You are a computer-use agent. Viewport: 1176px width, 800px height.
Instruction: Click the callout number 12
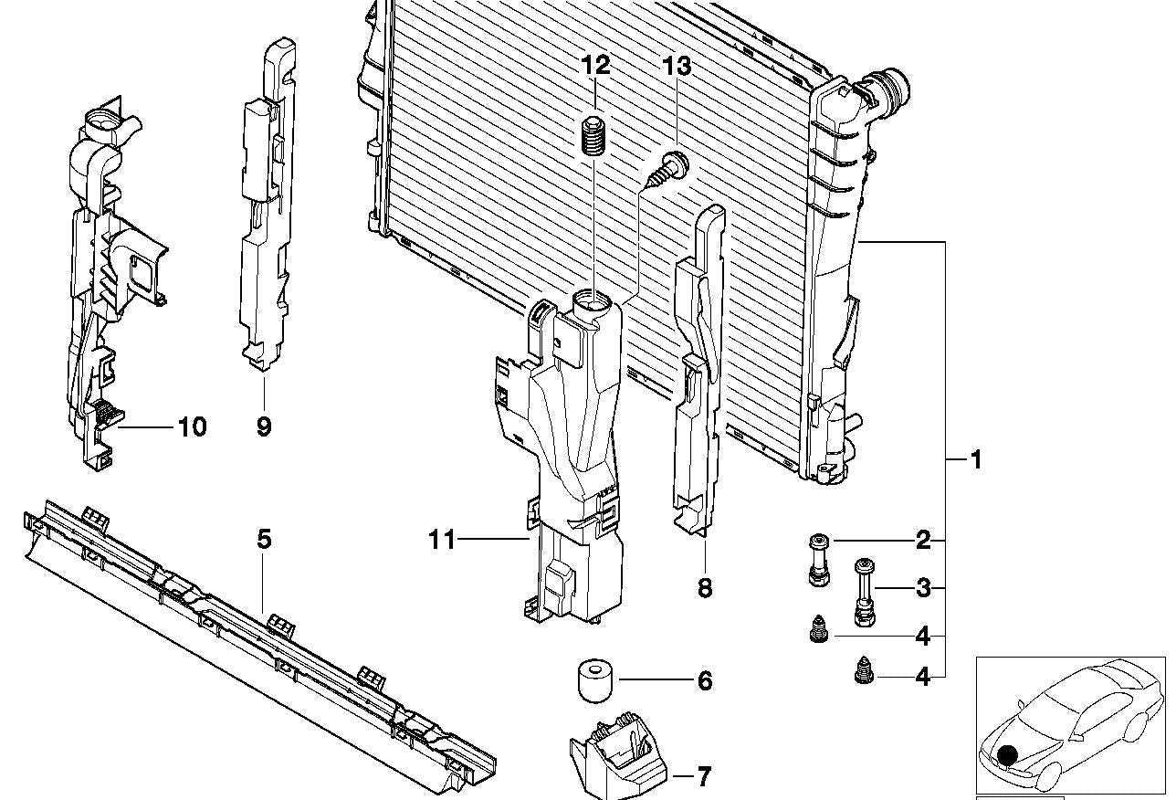point(595,66)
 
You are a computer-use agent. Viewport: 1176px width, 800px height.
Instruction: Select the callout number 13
point(677,67)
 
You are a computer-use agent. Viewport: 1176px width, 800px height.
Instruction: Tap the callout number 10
point(192,426)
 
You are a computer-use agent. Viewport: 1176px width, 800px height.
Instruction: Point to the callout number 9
point(264,426)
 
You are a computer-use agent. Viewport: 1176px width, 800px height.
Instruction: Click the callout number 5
point(264,539)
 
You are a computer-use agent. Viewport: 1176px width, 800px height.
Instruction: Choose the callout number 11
point(442,541)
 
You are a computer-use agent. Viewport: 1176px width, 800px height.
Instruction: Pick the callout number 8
point(704,587)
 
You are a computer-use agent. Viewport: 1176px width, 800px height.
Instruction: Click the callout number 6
point(704,681)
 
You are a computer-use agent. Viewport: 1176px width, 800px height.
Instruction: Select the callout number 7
point(703,777)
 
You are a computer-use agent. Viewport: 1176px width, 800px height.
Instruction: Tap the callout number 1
point(976,459)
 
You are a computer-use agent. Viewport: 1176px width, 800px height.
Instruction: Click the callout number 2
point(923,541)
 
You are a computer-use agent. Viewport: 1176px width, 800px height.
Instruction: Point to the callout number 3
point(923,588)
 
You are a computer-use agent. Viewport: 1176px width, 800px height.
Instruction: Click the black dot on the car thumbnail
point(1007,755)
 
